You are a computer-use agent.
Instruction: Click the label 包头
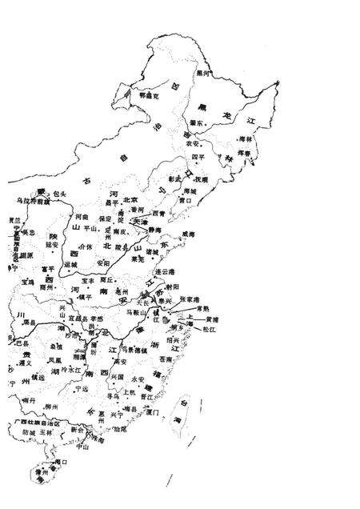[x=58, y=194]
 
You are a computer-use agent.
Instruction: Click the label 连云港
[x=166, y=272]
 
